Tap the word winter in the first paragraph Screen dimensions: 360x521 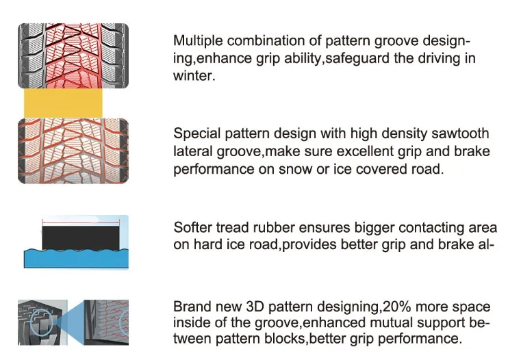[192, 76]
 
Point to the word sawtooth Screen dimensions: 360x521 [462, 133]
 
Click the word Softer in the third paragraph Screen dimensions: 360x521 [192, 228]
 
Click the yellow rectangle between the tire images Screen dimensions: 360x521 [63, 103]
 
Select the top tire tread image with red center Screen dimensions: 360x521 [73, 55]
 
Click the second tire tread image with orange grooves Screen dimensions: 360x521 [73, 151]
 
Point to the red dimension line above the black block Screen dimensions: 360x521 [81, 221]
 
